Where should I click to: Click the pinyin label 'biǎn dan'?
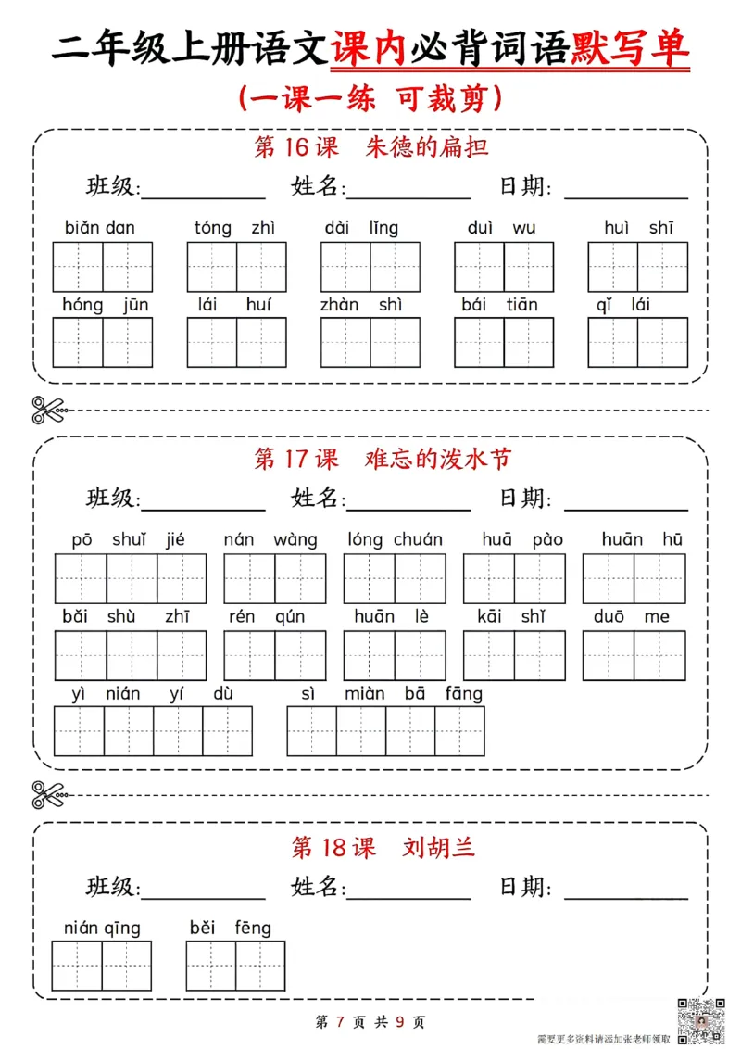pos(100,228)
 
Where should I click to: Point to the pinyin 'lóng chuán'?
pos(395,539)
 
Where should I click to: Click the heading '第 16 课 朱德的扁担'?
pos(370,147)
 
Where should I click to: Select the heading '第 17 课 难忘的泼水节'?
pos(382,459)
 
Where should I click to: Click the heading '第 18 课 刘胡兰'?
pos(383,847)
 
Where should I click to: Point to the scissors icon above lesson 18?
pos(49,795)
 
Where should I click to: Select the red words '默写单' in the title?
pos(632,49)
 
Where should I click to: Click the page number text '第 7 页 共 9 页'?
pos(370,1022)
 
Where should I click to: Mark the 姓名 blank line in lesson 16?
pos(408,196)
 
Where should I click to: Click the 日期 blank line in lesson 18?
pos(626,896)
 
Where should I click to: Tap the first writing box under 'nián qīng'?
pos(77,967)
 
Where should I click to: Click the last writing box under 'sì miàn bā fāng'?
pos(459,730)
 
